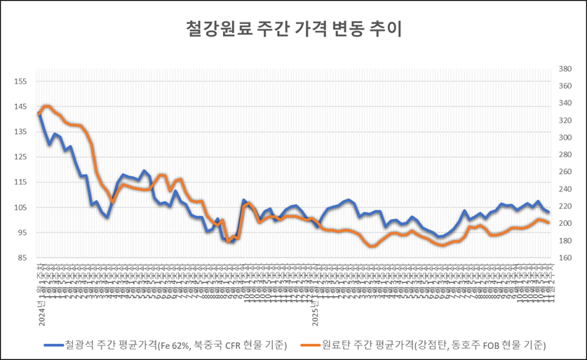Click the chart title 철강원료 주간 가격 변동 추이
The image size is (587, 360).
(294, 29)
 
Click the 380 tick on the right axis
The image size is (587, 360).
(565, 69)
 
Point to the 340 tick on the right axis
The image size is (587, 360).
(565, 104)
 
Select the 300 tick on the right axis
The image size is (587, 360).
(565, 138)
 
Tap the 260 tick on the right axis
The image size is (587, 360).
(565, 173)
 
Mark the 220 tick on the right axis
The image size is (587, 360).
(565, 207)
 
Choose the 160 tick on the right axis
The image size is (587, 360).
(565, 258)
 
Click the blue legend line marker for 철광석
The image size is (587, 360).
(53, 345)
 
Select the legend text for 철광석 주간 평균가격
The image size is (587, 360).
(175, 345)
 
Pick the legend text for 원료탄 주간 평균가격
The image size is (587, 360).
(433, 345)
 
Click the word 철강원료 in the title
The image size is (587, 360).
(211, 29)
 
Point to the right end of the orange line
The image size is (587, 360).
(548, 223)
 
